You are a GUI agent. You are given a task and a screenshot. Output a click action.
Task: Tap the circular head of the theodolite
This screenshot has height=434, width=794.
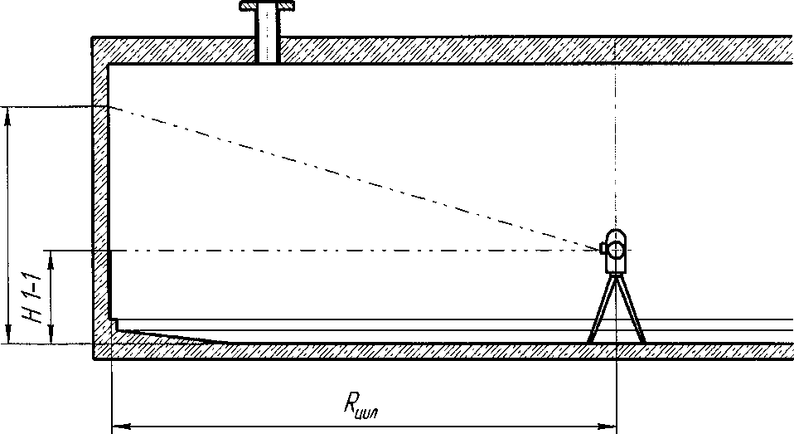[616, 247]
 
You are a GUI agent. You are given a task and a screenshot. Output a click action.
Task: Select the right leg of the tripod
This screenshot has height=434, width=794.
[632, 311]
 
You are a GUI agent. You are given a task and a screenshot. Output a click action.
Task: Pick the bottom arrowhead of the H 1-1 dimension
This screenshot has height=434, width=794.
[51, 336]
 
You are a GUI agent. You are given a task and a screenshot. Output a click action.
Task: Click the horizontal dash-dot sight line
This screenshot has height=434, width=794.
[348, 250]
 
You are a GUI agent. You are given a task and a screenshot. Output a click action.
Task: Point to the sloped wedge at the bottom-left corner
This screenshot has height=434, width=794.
[166, 334]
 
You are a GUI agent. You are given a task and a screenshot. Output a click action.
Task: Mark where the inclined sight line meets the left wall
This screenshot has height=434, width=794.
[109, 107]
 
